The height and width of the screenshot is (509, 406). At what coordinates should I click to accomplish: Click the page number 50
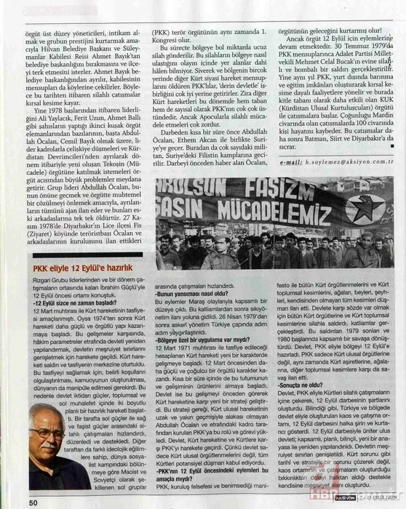click(x=33, y=501)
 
